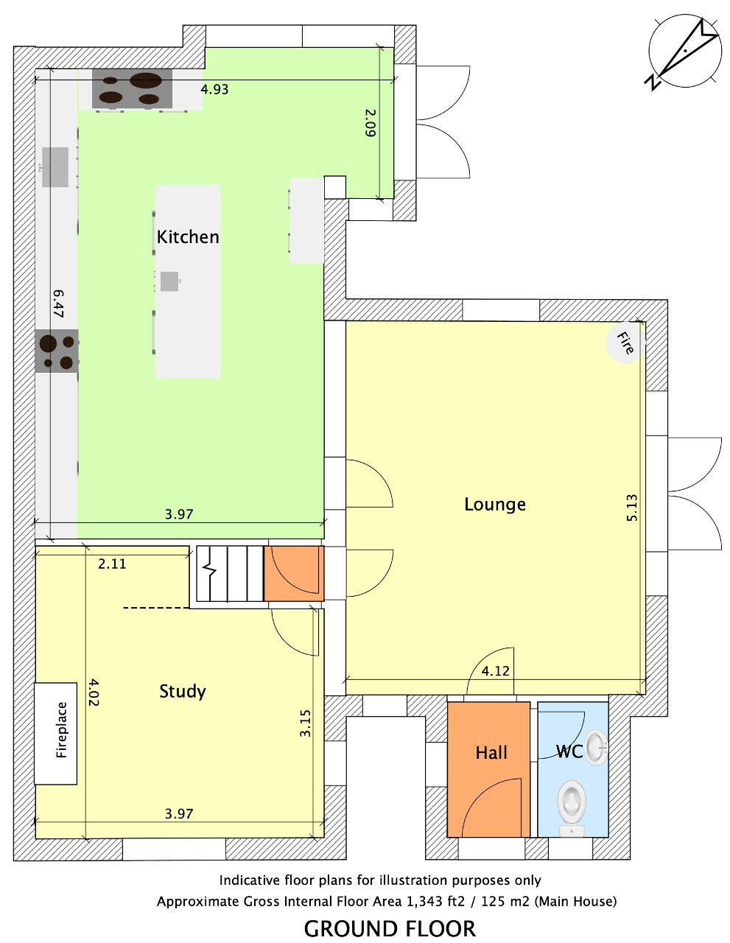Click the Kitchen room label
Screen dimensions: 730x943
pyautogui.click(x=187, y=237)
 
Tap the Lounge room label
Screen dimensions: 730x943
pyautogui.click(x=494, y=504)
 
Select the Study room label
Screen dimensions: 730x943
pyautogui.click(x=182, y=691)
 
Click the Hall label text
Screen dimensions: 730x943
pyautogui.click(x=491, y=752)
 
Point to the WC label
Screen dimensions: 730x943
pyautogui.click(x=569, y=751)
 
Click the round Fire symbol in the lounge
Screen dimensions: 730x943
pyautogui.click(x=624, y=343)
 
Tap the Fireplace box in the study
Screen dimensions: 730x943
pyautogui.click(x=56, y=733)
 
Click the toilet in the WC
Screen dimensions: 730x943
pyautogui.click(x=571, y=807)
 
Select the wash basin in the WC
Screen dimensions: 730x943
pyautogui.click(x=596, y=747)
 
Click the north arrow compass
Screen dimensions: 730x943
pyautogui.click(x=685, y=52)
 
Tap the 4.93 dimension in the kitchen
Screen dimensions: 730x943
pyautogui.click(x=214, y=89)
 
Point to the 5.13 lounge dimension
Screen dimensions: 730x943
pyautogui.click(x=632, y=508)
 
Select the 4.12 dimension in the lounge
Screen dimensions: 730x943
pyautogui.click(x=495, y=671)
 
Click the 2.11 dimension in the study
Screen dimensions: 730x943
pyautogui.click(x=112, y=564)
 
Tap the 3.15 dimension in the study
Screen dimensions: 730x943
pyautogui.click(x=305, y=723)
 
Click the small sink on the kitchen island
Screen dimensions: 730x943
pyautogui.click(x=169, y=281)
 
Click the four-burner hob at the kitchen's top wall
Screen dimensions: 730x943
pyautogui.click(x=132, y=88)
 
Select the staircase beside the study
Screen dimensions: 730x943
pyautogui.click(x=230, y=573)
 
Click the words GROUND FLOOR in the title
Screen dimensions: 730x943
pyautogui.click(x=390, y=929)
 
